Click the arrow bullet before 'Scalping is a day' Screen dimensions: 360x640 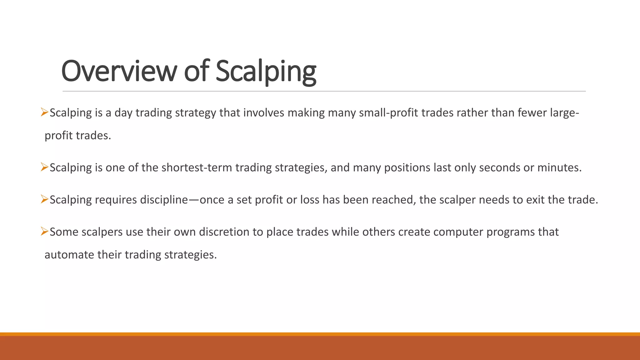[44, 112]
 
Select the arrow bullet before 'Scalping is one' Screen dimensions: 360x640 [44, 167]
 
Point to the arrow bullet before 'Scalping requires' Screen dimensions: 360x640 [44, 199]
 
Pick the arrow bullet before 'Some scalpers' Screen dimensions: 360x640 [44, 231]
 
